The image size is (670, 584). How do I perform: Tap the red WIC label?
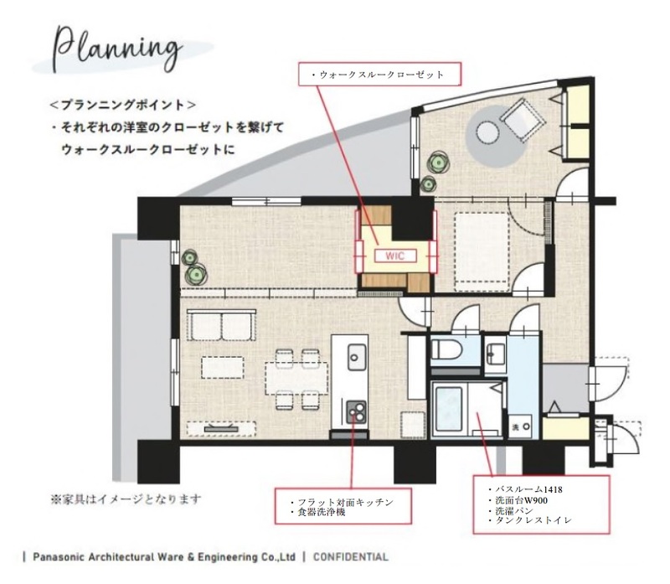point(394,256)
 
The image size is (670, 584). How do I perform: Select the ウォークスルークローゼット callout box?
point(380,75)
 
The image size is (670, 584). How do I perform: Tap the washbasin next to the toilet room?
point(496,351)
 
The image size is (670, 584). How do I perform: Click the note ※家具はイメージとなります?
point(126,500)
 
